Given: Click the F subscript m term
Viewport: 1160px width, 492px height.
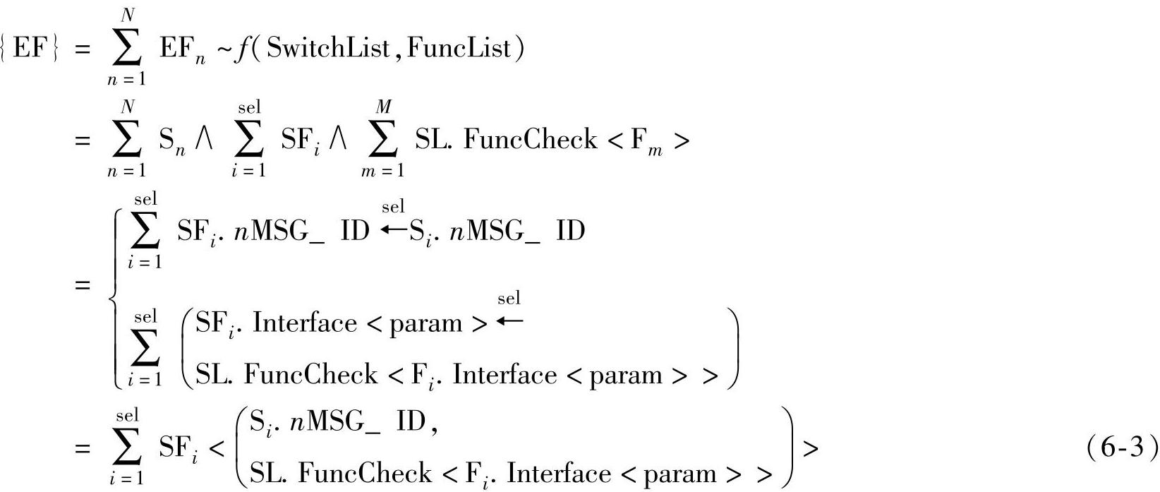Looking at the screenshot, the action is click(x=646, y=142).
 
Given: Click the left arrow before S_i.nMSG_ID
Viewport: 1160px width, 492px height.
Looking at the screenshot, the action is click(x=393, y=229).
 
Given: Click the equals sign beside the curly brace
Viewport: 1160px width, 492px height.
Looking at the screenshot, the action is click(x=83, y=286).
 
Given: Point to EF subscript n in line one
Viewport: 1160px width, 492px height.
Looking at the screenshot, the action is click(x=182, y=51).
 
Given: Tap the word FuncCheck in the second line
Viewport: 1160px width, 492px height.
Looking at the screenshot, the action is click(x=530, y=140).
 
